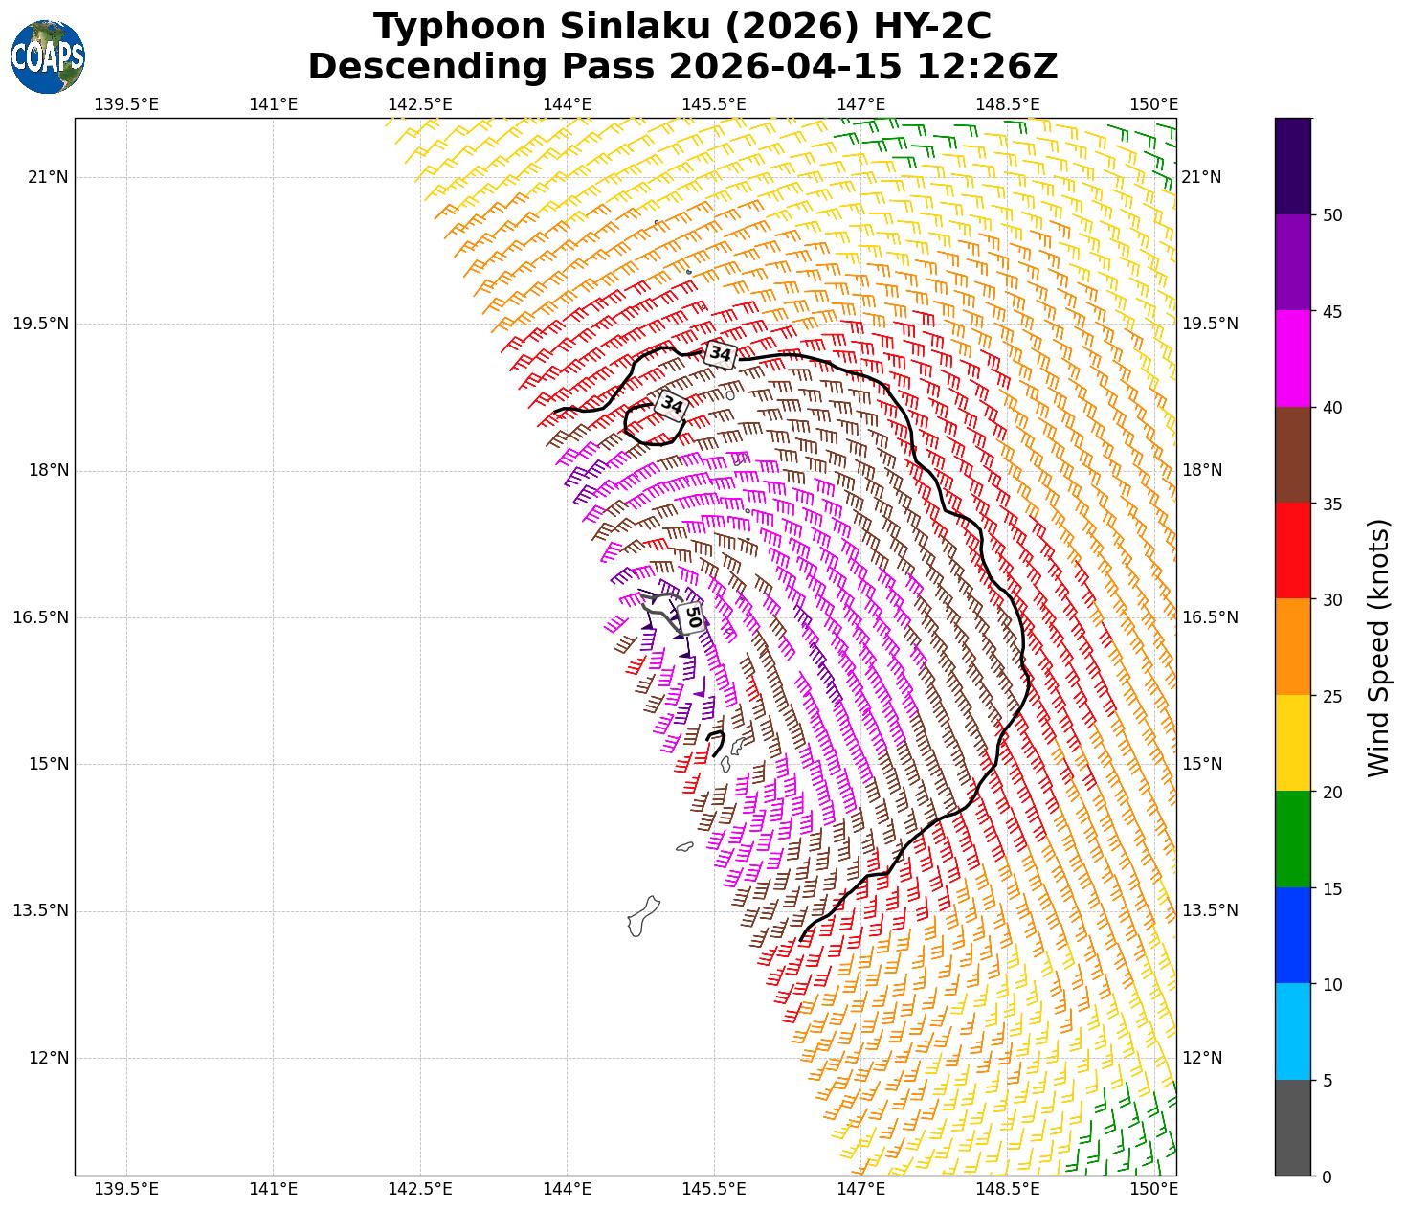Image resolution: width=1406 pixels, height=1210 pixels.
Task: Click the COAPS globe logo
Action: click(48, 57)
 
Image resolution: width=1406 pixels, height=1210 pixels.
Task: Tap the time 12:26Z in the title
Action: click(987, 67)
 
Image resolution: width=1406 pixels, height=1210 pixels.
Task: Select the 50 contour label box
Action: click(693, 616)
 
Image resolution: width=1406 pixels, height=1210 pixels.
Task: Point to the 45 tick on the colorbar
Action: click(1326, 312)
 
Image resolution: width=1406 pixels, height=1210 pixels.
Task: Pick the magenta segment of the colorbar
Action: click(1292, 359)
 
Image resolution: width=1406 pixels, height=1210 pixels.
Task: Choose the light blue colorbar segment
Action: click(1292, 1031)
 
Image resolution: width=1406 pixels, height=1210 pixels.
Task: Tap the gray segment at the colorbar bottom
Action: click(1292, 1128)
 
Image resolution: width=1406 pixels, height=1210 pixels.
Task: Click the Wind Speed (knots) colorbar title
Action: click(1377, 647)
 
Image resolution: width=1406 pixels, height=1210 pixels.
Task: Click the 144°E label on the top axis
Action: click(567, 104)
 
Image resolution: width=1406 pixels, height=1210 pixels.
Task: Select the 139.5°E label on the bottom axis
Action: click(126, 1189)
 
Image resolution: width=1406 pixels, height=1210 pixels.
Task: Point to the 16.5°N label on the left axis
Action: click(40, 617)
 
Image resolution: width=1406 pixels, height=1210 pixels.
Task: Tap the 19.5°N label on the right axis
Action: click(1210, 324)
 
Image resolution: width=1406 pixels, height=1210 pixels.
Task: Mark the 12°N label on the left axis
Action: click(49, 1058)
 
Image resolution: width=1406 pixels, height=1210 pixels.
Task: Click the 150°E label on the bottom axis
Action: click(1154, 1189)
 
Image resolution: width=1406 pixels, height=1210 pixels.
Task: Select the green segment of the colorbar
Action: click(1292, 839)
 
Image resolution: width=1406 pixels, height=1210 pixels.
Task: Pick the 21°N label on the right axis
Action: click(1201, 177)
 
